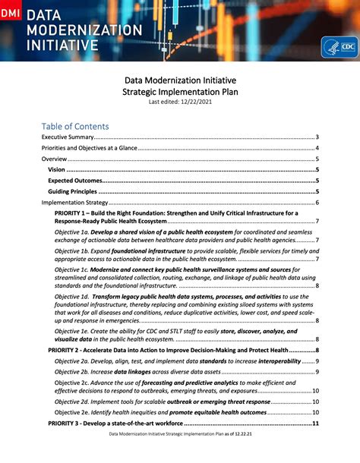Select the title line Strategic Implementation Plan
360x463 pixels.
[179, 90]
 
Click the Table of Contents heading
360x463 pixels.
[75, 126]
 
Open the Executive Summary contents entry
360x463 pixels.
[68, 137]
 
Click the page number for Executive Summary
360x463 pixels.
[316, 137]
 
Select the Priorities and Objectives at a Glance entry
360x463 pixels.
[89, 148]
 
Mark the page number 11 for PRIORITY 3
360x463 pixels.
[315, 422]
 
